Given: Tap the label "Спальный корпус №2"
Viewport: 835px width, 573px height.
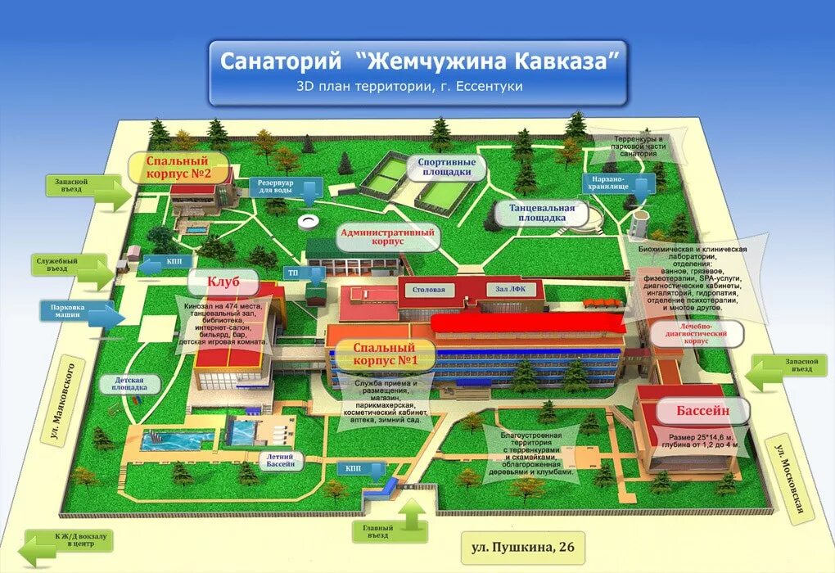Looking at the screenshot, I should click(x=178, y=168).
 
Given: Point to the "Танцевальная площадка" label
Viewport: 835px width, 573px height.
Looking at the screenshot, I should click(x=541, y=213).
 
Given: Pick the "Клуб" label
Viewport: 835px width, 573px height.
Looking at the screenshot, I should click(x=223, y=282).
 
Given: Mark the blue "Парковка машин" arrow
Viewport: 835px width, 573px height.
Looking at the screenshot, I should click(x=83, y=312).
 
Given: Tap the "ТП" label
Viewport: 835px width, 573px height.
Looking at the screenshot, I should click(x=293, y=272).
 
